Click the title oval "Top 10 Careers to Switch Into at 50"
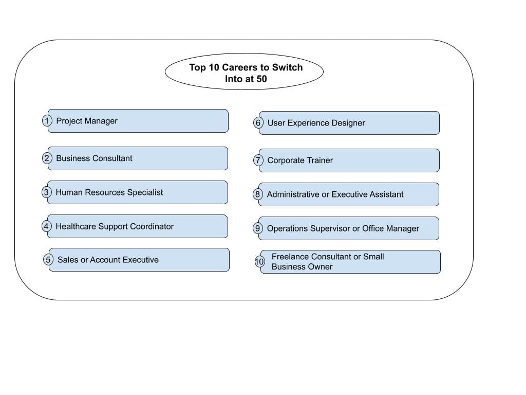pos(244,72)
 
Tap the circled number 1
pos(47,121)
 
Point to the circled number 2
pos(47,158)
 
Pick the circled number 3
pos(47,192)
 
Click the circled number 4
pos(47,226)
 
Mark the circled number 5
pos(48,260)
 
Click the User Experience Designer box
pos(349,123)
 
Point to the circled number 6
pos(258,123)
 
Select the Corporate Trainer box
pos(349,160)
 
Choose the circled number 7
pos(258,160)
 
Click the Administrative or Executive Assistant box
pos(349,194)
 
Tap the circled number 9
pos(258,228)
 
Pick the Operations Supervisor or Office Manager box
pos(349,228)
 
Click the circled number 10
pos(259,262)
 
